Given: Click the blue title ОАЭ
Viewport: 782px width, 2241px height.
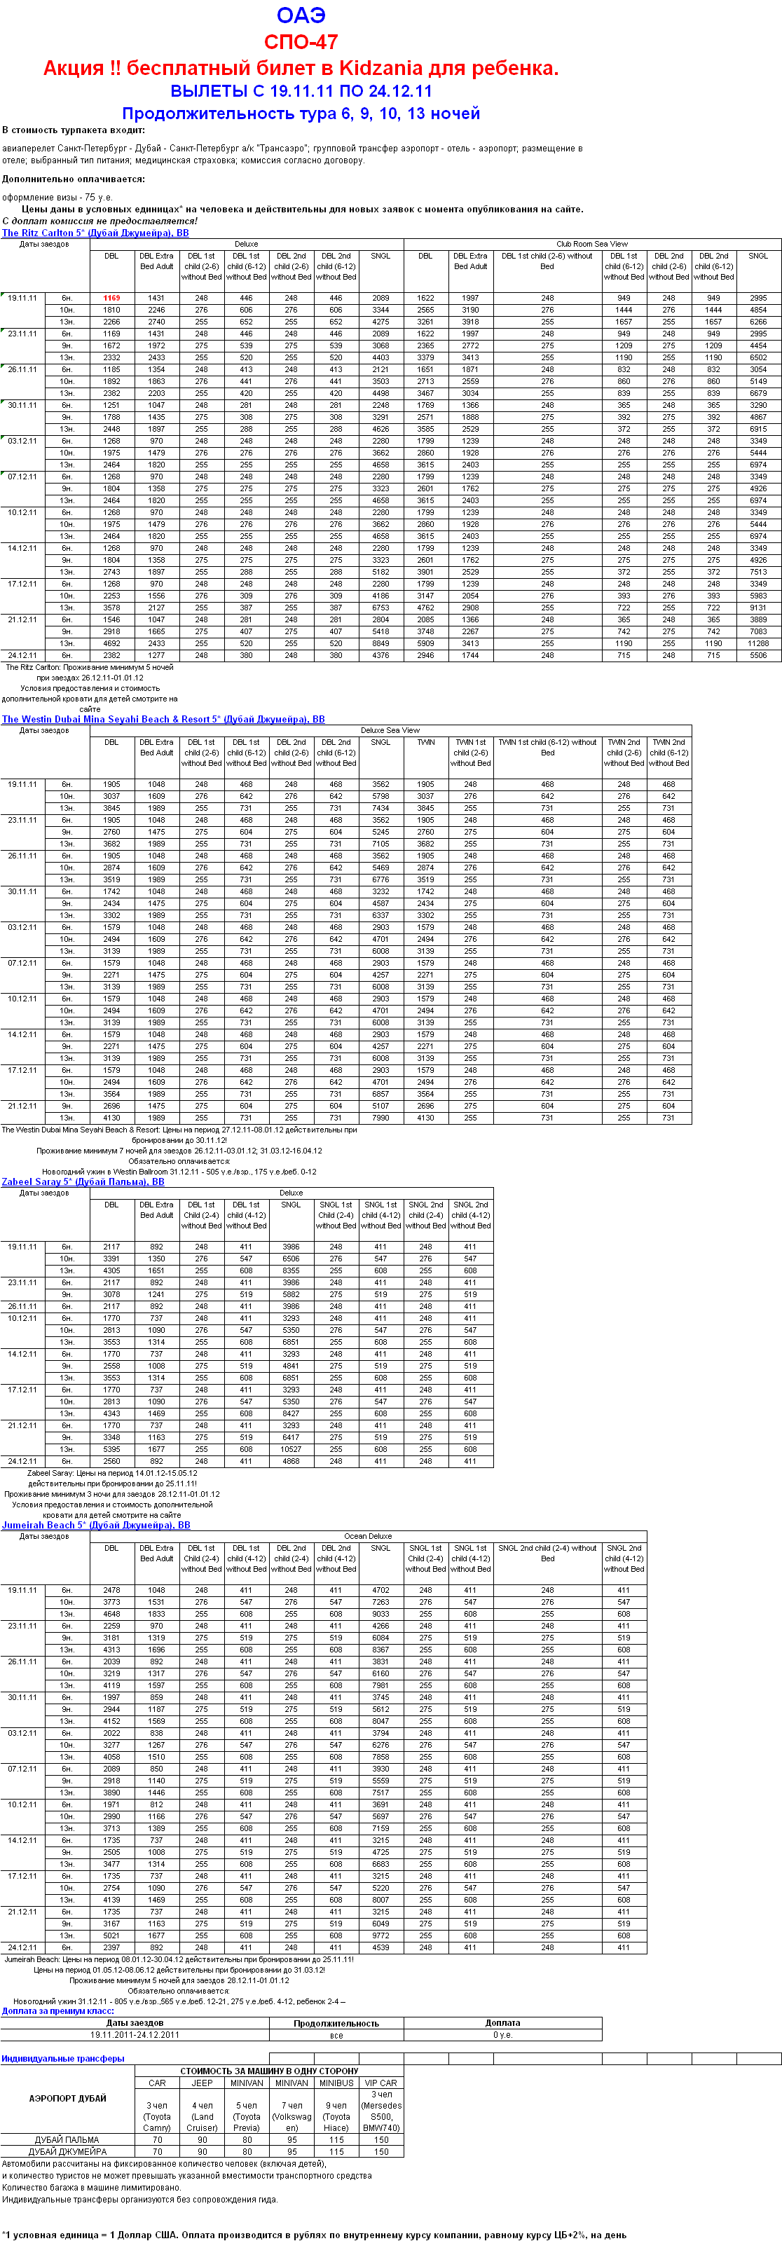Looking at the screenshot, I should pos(301,15).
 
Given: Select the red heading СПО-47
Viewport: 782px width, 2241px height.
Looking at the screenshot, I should pos(301,42).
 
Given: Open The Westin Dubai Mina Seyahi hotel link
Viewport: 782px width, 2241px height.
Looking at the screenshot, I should pos(163,720).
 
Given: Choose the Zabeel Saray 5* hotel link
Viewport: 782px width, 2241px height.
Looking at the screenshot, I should pos(83,1181).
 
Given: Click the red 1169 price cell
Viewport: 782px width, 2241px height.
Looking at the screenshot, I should pos(111,299).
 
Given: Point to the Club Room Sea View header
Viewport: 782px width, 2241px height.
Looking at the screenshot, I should pos(591,245).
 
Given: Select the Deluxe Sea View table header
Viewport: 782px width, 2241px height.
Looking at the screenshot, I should pos(390,731).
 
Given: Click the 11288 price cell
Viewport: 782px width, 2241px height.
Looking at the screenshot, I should pos(757,644).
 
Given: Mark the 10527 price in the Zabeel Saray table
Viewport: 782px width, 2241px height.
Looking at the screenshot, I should pos(291,1449).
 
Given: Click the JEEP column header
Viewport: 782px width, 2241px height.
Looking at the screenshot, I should pos(202,2083).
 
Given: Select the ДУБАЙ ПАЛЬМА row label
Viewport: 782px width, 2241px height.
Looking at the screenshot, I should pos(67,2140).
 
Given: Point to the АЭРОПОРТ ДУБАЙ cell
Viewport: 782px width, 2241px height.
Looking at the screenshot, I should pos(68,2098).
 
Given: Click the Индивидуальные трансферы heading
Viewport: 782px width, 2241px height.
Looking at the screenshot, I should pos(62,2058).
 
